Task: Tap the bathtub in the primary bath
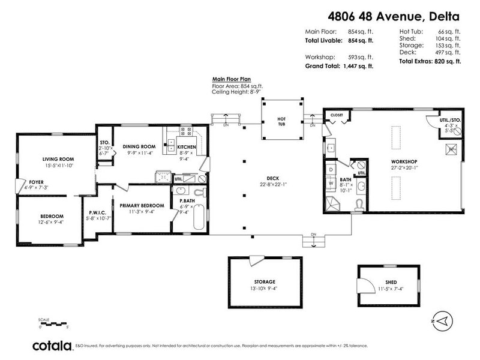point(199,220)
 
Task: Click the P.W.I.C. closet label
point(97,212)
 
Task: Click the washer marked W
point(331,183)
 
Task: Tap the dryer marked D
point(331,170)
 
